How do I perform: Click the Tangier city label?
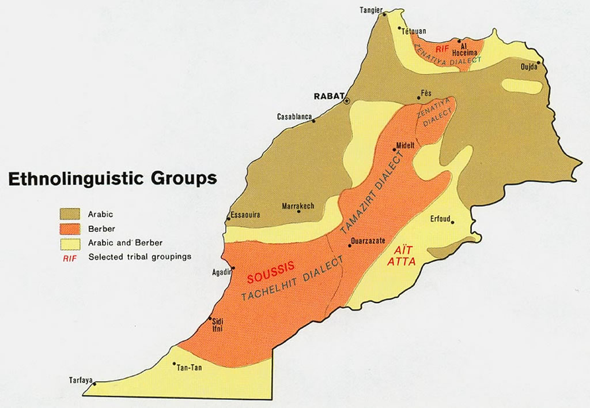coord(372,10)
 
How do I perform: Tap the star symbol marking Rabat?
coord(346,100)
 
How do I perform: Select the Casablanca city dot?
coord(314,121)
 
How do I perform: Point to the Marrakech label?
coord(298,206)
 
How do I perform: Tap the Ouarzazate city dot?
coord(349,246)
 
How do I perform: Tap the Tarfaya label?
coord(80,380)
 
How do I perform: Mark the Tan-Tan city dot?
coord(175,364)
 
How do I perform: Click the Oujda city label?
coord(528,68)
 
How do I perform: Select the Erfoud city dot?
coord(453,221)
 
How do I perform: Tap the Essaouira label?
coord(245,215)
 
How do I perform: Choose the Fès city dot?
coord(419,98)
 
